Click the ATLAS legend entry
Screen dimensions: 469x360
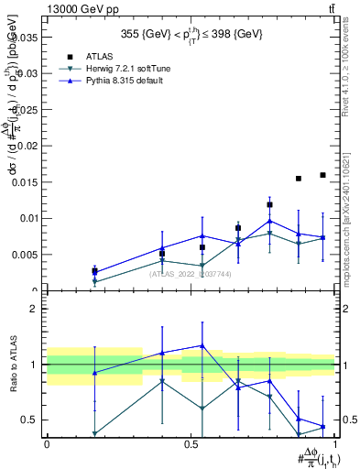pos(101,56)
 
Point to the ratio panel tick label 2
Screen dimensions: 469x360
pos(34,310)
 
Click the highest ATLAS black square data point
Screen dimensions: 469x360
pos(322,175)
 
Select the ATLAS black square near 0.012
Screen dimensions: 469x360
pos(269,205)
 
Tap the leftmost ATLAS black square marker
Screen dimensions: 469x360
pos(94,270)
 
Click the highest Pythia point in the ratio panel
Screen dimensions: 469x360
pos(202,345)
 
